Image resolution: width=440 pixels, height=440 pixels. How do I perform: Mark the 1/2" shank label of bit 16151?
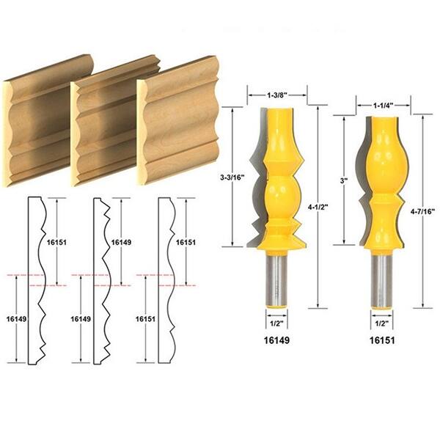381,320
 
